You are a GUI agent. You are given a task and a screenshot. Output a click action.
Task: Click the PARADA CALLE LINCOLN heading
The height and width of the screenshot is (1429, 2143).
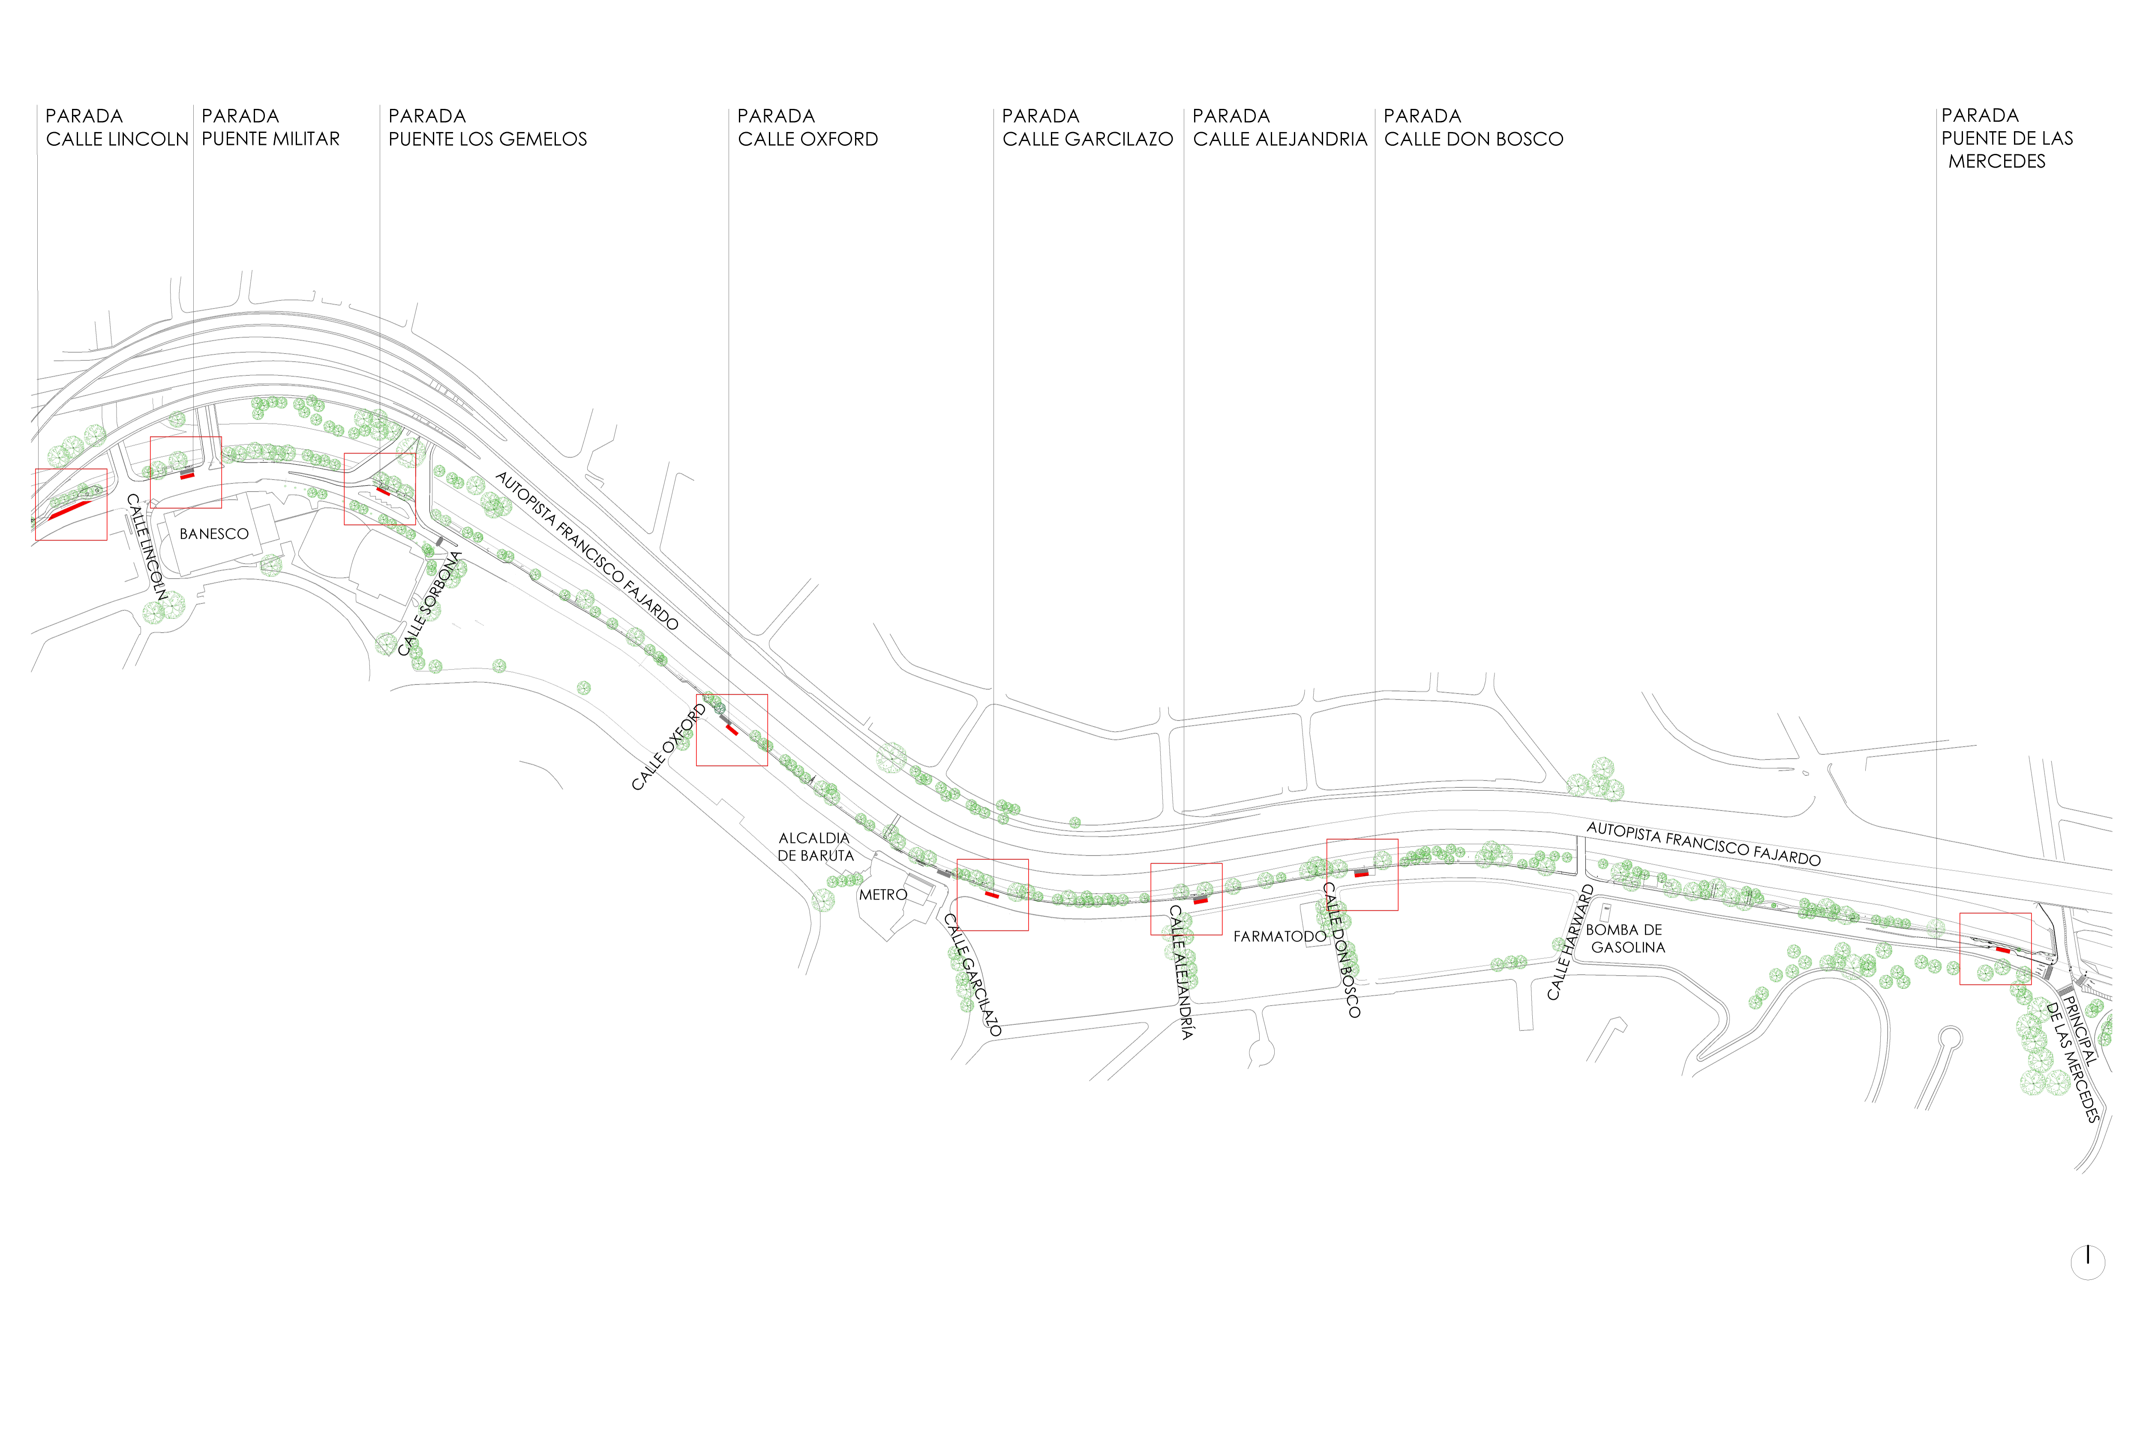click(x=117, y=128)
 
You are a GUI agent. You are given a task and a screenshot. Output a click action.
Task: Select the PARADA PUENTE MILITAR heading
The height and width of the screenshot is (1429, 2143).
click(x=270, y=128)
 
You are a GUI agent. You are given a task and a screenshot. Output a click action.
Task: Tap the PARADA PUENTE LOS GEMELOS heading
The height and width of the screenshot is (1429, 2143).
click(x=487, y=128)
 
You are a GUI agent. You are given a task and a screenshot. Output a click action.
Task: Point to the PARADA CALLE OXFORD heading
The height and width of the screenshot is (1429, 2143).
click(x=807, y=128)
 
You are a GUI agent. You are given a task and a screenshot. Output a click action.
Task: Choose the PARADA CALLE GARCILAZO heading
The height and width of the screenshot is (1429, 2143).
click(x=1087, y=128)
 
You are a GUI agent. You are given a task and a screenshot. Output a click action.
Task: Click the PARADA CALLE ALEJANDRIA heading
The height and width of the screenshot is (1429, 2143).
click(x=1279, y=128)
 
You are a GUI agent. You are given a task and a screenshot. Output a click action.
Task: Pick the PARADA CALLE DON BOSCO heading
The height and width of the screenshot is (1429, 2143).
click(x=1474, y=128)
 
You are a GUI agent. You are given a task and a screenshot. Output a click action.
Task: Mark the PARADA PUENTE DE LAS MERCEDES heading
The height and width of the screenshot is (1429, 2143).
click(x=2006, y=138)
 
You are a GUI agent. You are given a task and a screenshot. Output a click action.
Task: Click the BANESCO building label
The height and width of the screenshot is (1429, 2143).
click(x=214, y=534)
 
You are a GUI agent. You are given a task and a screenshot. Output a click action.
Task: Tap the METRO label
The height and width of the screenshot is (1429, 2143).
click(x=883, y=895)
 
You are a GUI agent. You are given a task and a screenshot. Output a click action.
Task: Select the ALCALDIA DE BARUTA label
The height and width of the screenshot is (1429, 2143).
click(x=816, y=847)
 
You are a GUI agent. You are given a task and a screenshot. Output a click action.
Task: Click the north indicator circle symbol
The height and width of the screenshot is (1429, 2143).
click(x=2087, y=1262)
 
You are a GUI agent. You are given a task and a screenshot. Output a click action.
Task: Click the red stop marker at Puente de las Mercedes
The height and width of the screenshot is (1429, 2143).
click(x=2003, y=950)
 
